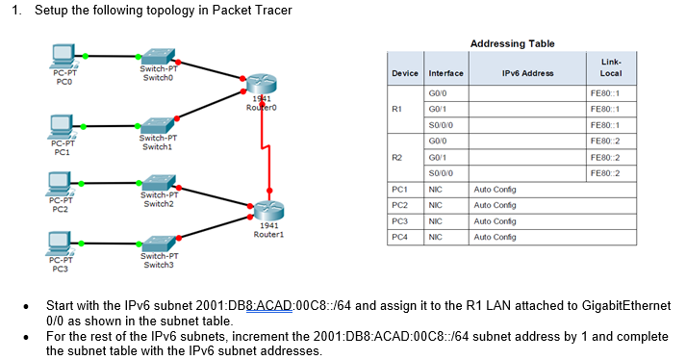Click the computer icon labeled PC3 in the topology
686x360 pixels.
pyautogui.click(x=62, y=244)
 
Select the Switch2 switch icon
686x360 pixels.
pyautogui.click(x=159, y=183)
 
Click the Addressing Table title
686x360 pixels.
pyautogui.click(x=512, y=43)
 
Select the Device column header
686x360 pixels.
pyautogui.click(x=405, y=73)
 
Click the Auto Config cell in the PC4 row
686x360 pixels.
pyautogui.click(x=495, y=236)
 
